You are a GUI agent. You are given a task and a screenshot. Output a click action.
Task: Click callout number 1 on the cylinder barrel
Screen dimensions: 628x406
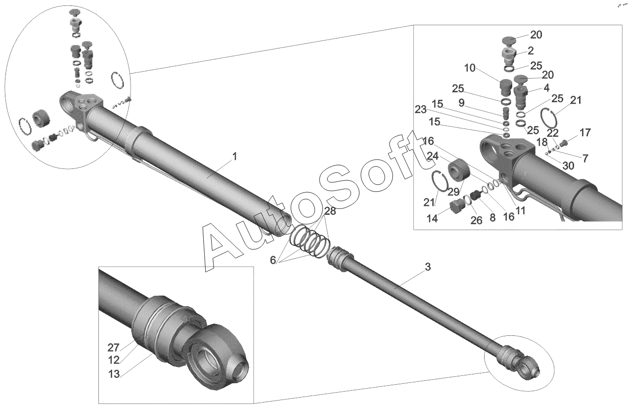tap(234, 157)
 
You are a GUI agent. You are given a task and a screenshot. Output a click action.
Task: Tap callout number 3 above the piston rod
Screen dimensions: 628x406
tap(427, 267)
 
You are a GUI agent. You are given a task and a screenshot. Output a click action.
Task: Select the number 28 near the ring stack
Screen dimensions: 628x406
tap(330, 211)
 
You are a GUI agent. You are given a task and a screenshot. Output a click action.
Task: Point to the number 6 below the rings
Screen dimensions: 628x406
tap(273, 260)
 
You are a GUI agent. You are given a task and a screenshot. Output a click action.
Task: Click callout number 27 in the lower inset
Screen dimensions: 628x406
tap(114, 348)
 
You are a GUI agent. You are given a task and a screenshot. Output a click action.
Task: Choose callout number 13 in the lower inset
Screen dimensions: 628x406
tap(114, 374)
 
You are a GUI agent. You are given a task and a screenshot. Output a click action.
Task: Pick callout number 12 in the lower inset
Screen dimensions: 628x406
tap(114, 361)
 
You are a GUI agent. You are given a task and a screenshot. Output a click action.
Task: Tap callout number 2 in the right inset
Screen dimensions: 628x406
tap(531, 51)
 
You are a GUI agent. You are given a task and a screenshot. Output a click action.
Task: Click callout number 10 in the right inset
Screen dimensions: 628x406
tap(470, 68)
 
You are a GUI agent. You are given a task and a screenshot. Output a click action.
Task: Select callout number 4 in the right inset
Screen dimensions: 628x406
tap(546, 88)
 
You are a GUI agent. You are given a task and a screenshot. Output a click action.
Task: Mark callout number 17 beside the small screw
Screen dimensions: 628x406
tap(585, 132)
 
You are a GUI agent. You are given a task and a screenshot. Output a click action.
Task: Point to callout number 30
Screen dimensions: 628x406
tap(568, 166)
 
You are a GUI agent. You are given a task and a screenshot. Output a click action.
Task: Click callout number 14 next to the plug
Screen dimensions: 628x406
tap(432, 219)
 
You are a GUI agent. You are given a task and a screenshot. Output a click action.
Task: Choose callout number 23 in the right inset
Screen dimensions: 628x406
tap(420, 110)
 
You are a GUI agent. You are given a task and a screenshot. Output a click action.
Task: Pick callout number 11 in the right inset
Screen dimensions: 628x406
tap(520, 210)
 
